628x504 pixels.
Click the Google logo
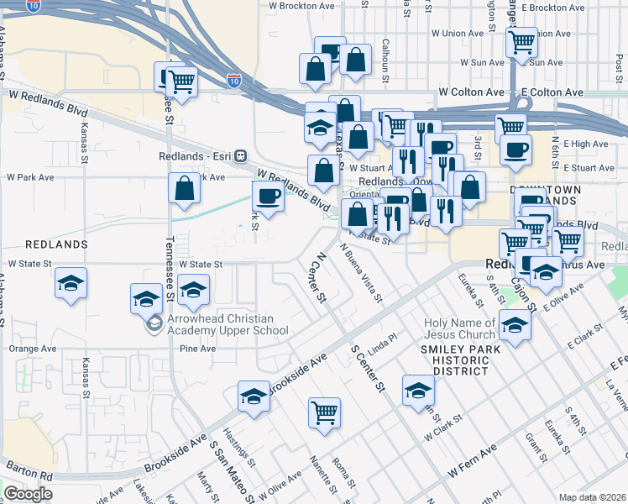coord(28,494)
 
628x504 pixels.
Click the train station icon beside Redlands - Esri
coord(241,155)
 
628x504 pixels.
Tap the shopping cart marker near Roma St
coord(324,412)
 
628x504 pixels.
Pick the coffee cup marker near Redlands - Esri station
coord(268,197)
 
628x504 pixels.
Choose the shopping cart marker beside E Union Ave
coord(521,41)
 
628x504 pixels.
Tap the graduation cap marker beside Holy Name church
coord(514,323)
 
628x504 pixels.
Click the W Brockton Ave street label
coord(301,6)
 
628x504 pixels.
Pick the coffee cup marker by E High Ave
coord(515,150)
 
